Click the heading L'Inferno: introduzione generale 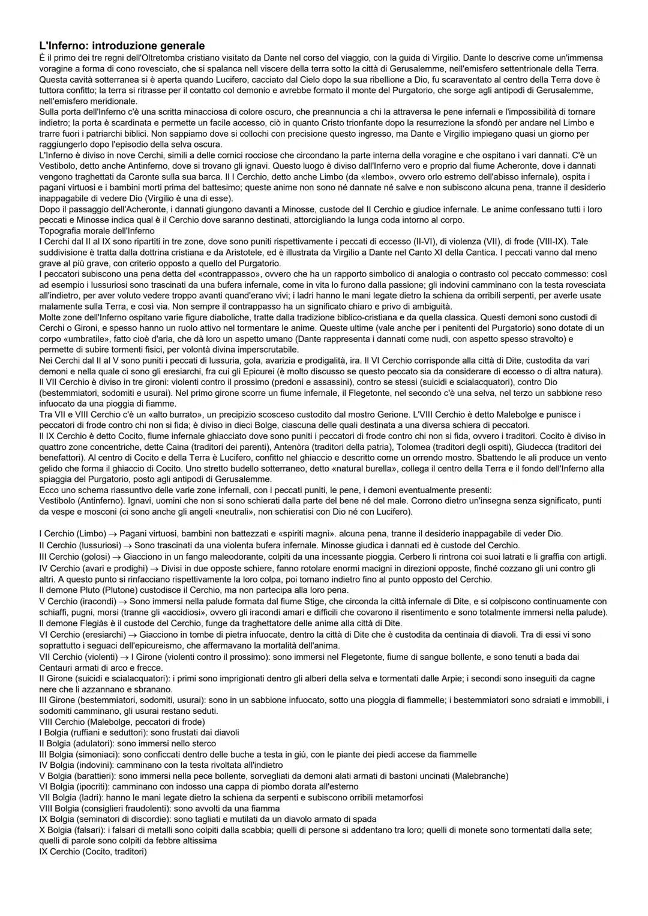(122, 46)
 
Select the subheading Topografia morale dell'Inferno (97, 230)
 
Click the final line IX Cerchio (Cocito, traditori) (92, 851)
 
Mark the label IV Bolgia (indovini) (76, 765)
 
